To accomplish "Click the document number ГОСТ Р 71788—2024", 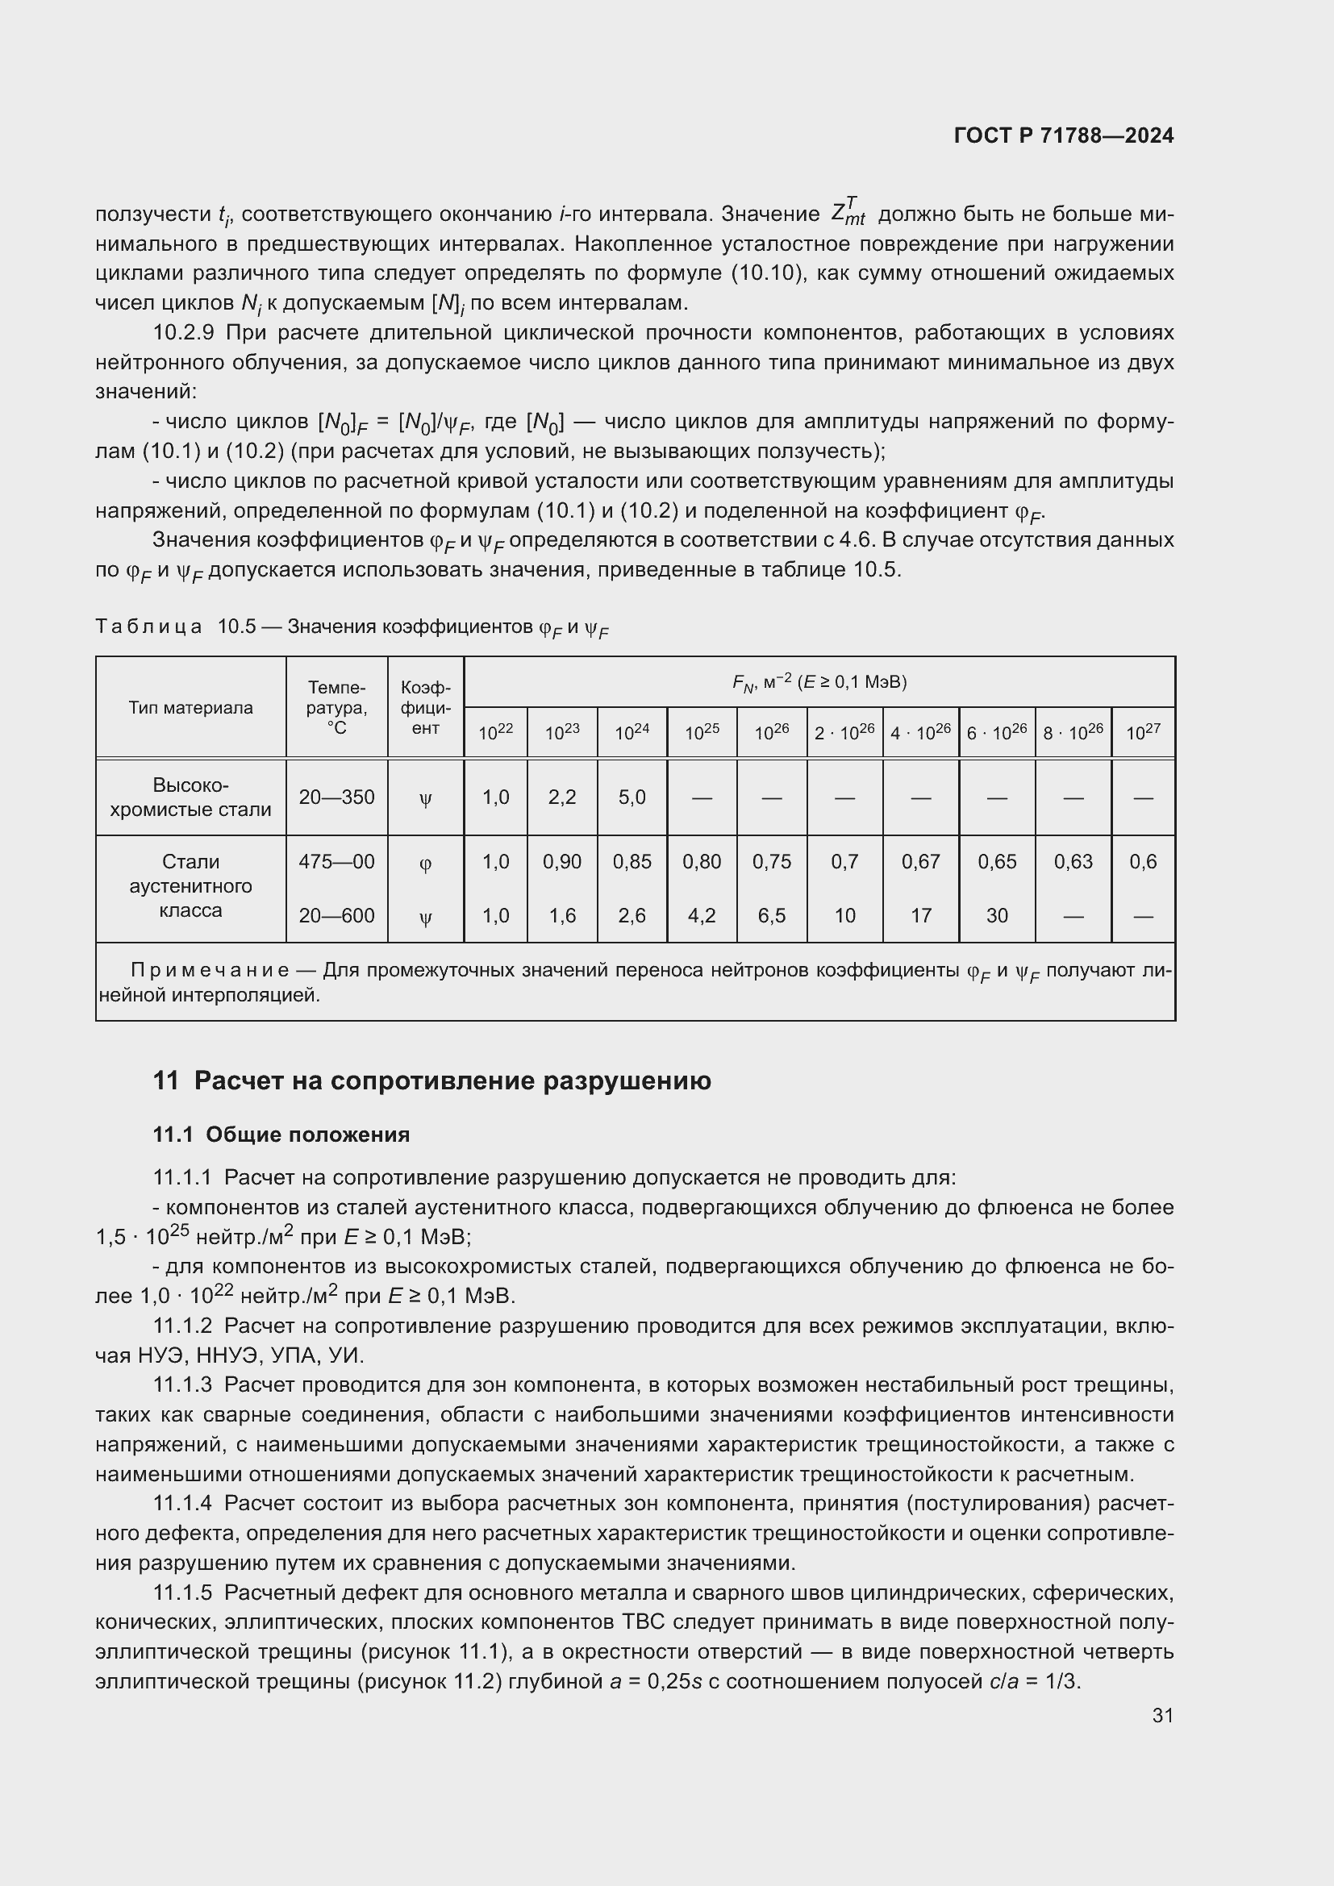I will tap(1064, 135).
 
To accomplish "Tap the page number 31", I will tap(1162, 1715).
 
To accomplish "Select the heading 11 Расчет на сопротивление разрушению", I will tap(432, 1081).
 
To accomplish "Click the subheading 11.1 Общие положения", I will tap(281, 1135).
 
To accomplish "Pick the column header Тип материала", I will tap(190, 707).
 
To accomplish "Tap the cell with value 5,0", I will tap(632, 797).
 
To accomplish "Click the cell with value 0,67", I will tap(921, 862).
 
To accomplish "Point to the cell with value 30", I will tap(996, 915).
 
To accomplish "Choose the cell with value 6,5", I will tap(771, 915).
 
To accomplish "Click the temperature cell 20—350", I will tap(337, 797).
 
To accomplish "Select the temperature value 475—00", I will tap(337, 862).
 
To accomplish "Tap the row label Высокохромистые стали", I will tap(190, 797).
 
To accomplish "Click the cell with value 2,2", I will tap(562, 797).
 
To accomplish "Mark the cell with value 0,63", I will tap(1073, 862).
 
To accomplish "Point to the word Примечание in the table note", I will tap(210, 970).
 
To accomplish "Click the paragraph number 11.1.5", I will tap(182, 1592).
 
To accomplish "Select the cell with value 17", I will tap(921, 915).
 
